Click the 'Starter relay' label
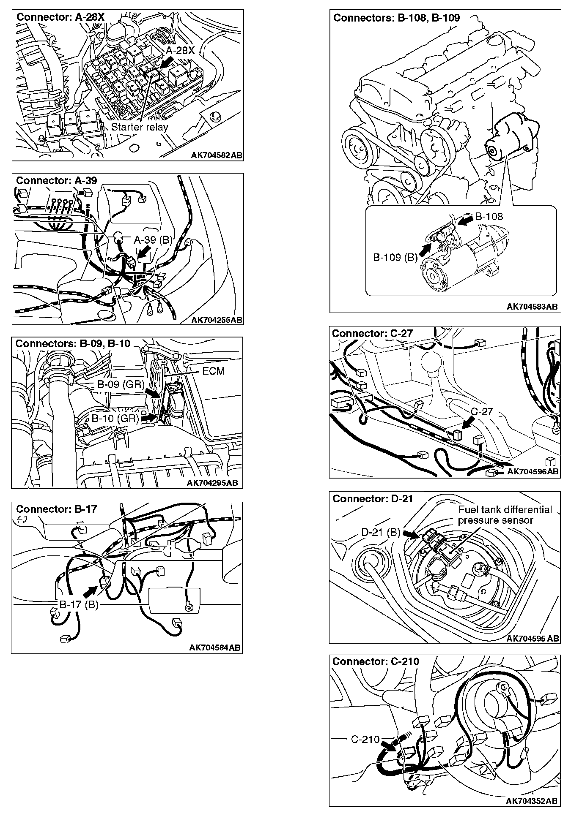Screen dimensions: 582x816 click(x=139, y=127)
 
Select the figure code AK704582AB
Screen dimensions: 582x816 click(x=216, y=155)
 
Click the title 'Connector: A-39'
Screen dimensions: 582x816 click(x=56, y=181)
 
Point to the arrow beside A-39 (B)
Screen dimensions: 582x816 click(x=143, y=253)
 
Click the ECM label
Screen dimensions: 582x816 click(x=214, y=371)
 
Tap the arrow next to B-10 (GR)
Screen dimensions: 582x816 click(x=148, y=417)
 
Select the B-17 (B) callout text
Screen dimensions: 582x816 click(x=79, y=605)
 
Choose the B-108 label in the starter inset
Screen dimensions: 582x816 click(x=489, y=217)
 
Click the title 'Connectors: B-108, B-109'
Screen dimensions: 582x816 click(x=396, y=18)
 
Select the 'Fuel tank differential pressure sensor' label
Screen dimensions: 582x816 click(x=505, y=515)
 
